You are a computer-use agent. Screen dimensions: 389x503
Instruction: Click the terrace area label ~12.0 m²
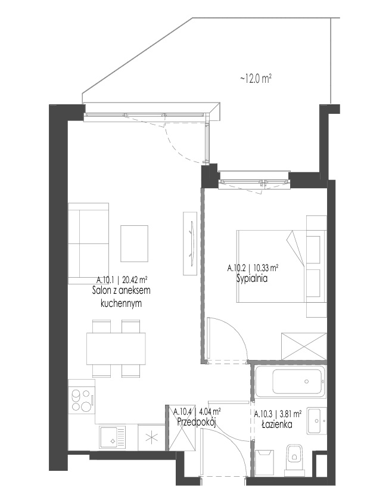[x=256, y=79]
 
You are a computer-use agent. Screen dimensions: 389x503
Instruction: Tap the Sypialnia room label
[x=252, y=278]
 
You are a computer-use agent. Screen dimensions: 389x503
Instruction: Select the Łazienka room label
[x=277, y=425]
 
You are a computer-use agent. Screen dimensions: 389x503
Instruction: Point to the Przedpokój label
[x=196, y=423]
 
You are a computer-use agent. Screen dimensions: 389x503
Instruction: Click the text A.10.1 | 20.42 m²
[x=122, y=280]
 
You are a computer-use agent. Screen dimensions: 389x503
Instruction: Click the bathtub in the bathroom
[x=290, y=381]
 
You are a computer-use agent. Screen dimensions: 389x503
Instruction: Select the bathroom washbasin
[x=316, y=421]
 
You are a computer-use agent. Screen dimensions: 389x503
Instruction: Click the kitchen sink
[x=113, y=438]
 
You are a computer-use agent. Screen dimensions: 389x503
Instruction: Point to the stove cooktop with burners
[x=82, y=400]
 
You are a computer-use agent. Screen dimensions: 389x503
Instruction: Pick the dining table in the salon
[x=116, y=349]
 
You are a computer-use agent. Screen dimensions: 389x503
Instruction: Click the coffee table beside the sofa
[x=135, y=244]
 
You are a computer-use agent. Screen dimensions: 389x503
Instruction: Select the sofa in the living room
[x=89, y=243]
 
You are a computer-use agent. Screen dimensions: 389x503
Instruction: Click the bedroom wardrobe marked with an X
[x=304, y=346]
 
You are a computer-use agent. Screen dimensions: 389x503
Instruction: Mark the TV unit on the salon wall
[x=190, y=243]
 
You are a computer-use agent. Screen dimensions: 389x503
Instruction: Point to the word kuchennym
[x=121, y=303]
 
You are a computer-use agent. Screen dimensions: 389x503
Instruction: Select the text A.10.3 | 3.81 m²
[x=278, y=414]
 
